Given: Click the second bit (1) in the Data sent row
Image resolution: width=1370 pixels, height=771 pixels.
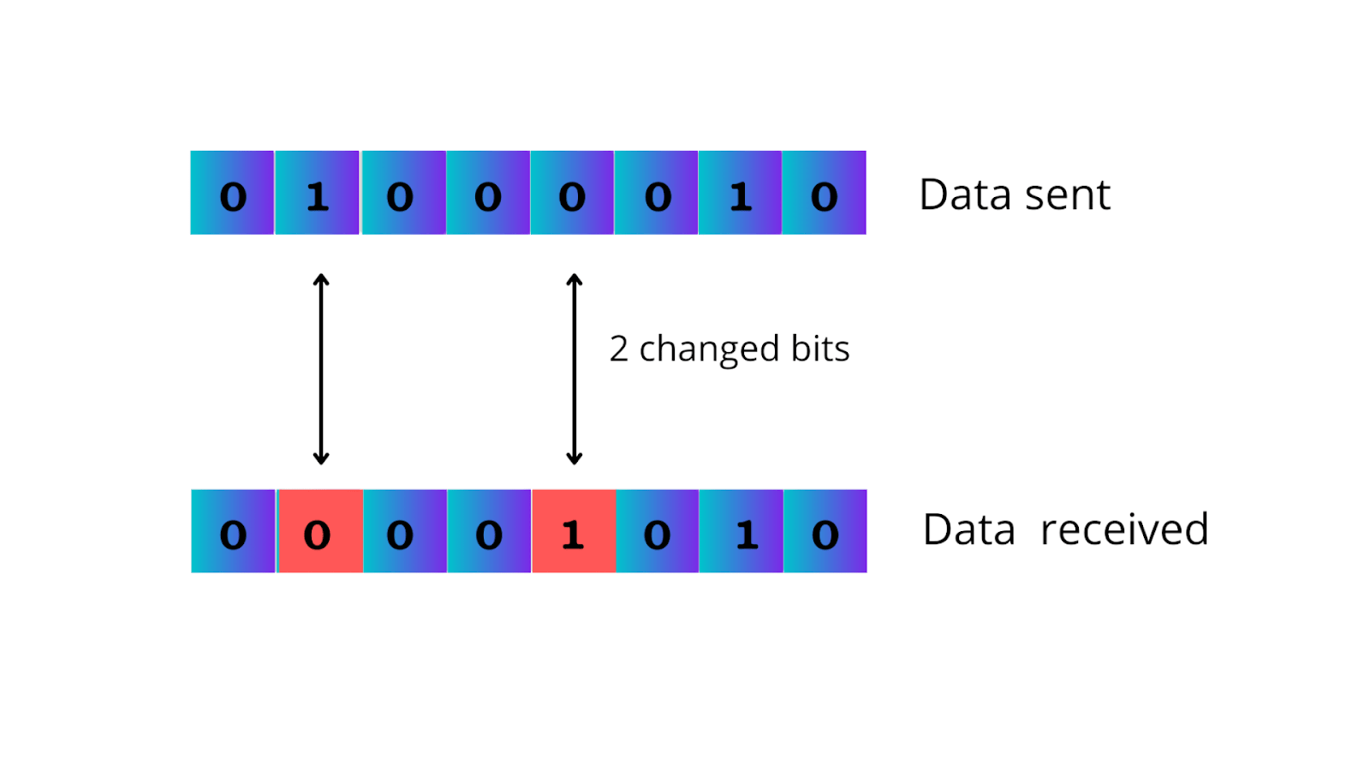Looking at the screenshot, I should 317,193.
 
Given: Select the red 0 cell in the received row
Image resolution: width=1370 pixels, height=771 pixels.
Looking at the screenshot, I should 319,531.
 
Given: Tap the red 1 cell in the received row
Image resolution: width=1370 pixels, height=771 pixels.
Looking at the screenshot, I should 574,531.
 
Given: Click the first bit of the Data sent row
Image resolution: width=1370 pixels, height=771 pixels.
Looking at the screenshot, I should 232,193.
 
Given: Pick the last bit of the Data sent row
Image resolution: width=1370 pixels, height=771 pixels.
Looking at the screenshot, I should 824,193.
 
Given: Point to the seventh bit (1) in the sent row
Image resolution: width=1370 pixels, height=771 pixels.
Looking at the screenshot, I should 740,193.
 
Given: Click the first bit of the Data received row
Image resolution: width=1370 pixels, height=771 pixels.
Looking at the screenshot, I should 233,531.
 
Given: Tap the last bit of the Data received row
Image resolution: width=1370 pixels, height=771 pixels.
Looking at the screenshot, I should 825,531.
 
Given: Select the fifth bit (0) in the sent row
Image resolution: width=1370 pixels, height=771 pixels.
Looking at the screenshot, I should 572,193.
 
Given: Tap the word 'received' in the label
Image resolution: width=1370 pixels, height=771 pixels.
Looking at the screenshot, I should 1123,529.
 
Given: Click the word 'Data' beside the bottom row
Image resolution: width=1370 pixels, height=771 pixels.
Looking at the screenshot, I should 968,529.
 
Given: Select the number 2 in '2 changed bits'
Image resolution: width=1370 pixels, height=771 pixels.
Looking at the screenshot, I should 618,349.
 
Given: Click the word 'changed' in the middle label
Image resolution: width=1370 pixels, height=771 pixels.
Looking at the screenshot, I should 709,350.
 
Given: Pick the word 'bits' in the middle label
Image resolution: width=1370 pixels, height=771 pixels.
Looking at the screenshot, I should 819,349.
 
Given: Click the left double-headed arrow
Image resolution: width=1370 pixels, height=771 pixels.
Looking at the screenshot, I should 321,368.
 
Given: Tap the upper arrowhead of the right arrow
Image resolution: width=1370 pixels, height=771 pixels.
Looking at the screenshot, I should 575,279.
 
